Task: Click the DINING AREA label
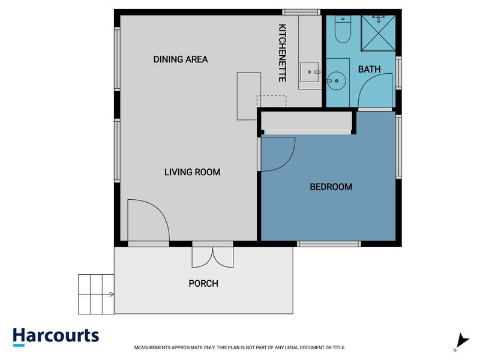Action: coord(181,59)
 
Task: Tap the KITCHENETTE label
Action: coord(282,53)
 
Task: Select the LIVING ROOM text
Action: coord(192,172)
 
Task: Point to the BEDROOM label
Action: coord(331,187)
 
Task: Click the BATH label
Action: coord(370,69)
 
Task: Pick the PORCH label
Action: coord(203,283)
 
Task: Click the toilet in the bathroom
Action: coord(343,29)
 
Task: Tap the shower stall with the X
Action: coord(379,33)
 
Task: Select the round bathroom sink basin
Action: coord(336,81)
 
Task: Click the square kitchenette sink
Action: coord(310,72)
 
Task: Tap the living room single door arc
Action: coord(159,211)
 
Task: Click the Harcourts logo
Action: coord(56,337)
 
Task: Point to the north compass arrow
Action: coord(461,342)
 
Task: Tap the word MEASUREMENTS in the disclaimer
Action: coord(152,347)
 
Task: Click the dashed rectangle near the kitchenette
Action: coord(272,101)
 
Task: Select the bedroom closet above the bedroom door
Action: coord(306,121)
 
